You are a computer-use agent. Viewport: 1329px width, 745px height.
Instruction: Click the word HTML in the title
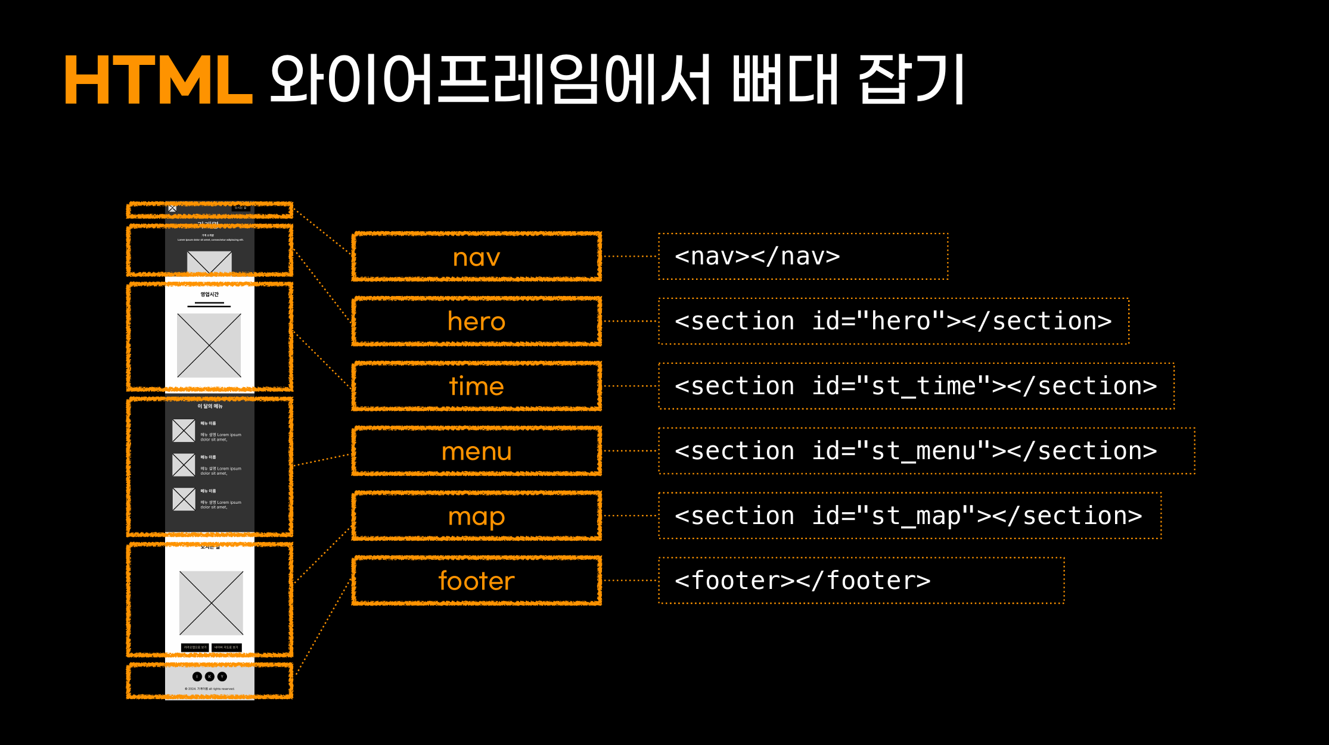point(158,80)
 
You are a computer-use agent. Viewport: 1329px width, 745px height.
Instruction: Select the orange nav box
point(476,257)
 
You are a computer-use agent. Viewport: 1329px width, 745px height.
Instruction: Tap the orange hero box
point(476,322)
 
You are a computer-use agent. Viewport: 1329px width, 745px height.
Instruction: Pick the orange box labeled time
point(476,386)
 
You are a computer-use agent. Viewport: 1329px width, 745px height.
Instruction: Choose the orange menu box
point(476,451)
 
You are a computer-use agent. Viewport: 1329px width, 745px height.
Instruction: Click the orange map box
point(476,516)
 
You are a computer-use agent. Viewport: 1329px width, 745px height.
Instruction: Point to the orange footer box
point(476,581)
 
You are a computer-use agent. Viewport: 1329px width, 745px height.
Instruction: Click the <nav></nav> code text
point(757,257)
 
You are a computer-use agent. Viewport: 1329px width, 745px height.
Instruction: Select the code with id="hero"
point(893,322)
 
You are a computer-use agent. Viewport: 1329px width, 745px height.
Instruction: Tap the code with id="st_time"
point(915,386)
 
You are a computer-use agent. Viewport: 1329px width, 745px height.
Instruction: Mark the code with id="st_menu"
point(915,451)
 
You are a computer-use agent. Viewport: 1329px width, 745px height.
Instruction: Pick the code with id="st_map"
point(908,516)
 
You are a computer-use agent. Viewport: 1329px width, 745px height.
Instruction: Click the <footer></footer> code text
point(802,581)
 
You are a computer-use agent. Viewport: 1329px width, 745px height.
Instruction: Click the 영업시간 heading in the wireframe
point(209,294)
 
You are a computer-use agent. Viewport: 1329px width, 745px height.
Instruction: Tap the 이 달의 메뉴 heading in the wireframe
point(210,406)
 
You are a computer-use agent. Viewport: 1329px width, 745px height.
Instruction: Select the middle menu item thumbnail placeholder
point(184,465)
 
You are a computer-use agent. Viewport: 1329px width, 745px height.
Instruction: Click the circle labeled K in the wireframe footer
point(210,677)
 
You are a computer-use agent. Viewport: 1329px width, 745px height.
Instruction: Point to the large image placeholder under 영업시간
point(209,345)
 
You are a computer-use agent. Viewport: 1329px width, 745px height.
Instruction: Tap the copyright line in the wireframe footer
point(210,689)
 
